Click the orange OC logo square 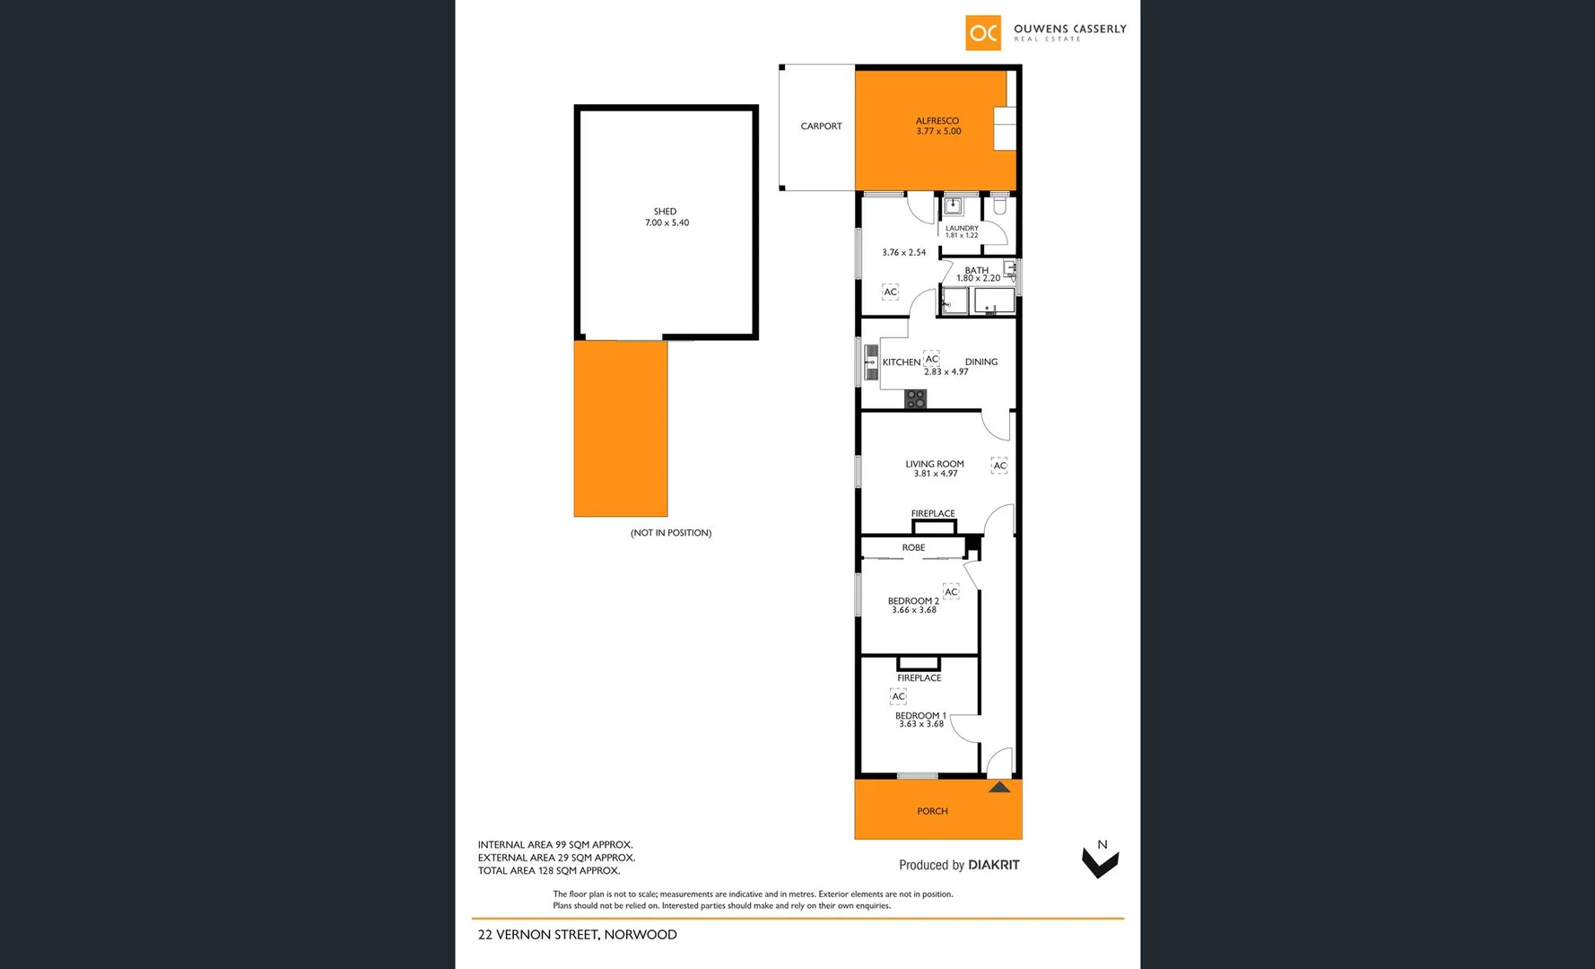pos(983,33)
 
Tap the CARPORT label pos(821,127)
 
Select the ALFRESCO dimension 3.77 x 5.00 pos(938,132)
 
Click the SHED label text pos(665,212)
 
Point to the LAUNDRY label pos(962,229)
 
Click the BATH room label pos(977,270)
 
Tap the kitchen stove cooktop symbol pos(915,399)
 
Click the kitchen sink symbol pos(870,362)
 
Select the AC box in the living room pos(999,466)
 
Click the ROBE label pos(913,547)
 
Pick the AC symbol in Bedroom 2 pos(951,592)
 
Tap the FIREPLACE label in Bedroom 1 pos(919,678)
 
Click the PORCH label pos(932,811)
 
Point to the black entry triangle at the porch pos(999,788)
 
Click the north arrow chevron pos(1100,864)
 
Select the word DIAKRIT pos(993,865)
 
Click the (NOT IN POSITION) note pos(671,533)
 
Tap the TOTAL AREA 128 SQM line pos(548,870)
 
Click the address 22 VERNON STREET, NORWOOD pos(577,935)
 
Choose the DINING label pos(981,362)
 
